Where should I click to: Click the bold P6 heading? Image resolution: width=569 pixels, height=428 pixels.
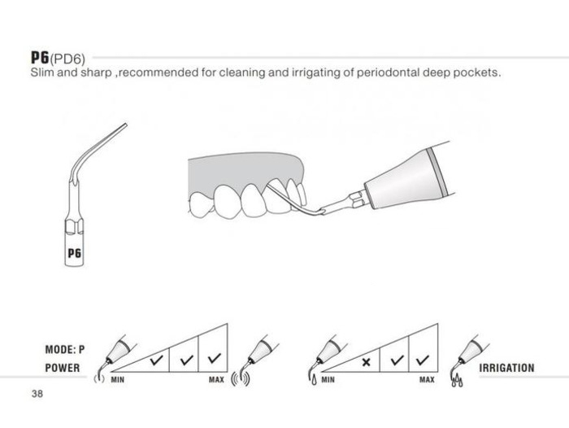point(40,57)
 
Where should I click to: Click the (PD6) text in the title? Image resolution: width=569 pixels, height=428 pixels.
point(67,59)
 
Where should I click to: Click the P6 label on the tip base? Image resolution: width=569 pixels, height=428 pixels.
point(75,252)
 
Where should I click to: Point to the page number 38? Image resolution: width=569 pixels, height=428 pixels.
point(37,394)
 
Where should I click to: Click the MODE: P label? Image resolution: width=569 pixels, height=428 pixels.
point(64,350)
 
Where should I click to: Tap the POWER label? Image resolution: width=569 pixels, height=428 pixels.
point(63,368)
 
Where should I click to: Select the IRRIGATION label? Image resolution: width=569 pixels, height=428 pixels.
point(506,368)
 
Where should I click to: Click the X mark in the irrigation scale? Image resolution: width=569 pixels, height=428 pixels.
point(366,362)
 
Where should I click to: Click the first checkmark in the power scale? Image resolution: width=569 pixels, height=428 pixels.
point(157,360)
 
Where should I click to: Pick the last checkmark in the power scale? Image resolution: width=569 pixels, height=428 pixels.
point(215,359)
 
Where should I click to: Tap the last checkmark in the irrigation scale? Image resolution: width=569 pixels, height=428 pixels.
point(423,360)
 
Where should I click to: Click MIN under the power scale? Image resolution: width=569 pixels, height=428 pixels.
point(118,380)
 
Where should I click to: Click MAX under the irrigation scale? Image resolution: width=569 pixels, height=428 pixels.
point(427,380)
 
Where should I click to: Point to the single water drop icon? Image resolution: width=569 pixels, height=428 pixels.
point(314,380)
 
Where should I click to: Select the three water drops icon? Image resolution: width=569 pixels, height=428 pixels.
point(457,381)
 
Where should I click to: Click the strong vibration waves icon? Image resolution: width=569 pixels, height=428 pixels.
point(241,378)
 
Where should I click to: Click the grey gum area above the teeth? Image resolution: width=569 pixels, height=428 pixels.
point(243,169)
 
